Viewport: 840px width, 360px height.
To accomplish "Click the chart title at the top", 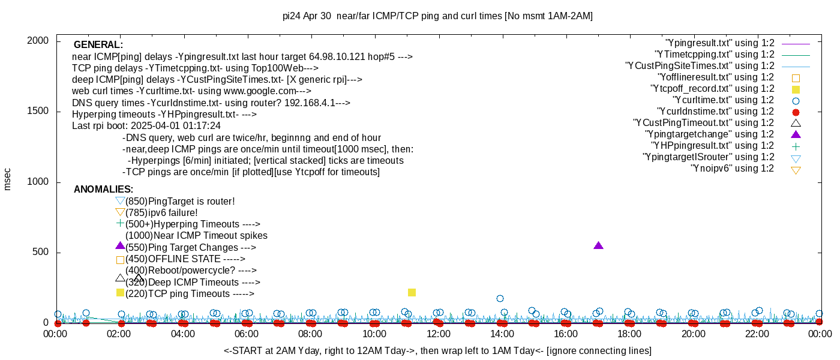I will [437, 16].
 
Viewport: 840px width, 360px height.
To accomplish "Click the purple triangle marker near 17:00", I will [598, 245].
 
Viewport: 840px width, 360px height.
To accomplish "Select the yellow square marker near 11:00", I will [412, 292].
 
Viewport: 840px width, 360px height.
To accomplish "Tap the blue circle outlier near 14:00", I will [500, 298].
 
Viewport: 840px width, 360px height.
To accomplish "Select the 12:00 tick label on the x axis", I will [438, 334].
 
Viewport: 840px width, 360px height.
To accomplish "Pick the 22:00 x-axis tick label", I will [757, 334].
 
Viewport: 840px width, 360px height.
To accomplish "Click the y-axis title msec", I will [8, 179].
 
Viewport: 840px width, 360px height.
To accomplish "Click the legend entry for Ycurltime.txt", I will [723, 100].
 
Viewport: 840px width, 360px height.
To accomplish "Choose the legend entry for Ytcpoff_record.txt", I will [712, 89].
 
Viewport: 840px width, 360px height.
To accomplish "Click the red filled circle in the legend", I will [796, 112].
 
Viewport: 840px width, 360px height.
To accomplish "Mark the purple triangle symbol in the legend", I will [796, 134].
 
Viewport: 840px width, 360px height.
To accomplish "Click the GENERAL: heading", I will [98, 45].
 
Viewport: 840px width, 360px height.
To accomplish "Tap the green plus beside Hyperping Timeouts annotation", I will [120, 223].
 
